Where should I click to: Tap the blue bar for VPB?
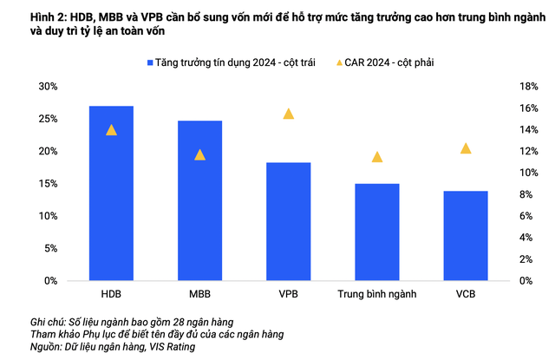click(288, 221)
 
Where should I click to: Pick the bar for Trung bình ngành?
click(376, 232)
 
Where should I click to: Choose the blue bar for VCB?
click(466, 235)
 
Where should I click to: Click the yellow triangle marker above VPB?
click(289, 114)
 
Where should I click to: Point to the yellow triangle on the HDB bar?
click(111, 130)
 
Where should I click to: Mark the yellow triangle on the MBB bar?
click(200, 154)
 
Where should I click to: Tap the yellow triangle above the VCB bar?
click(466, 148)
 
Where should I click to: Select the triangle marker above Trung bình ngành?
click(377, 157)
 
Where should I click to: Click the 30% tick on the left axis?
click(47, 86)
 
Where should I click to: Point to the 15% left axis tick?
click(47, 184)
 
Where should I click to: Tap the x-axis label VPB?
click(288, 295)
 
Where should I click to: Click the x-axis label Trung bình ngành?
click(376, 295)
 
